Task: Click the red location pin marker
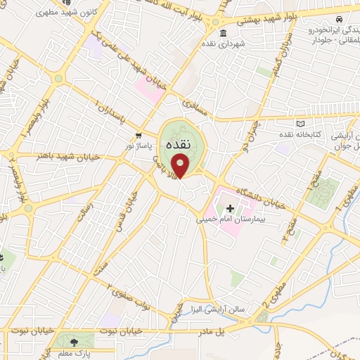point(181,166)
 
